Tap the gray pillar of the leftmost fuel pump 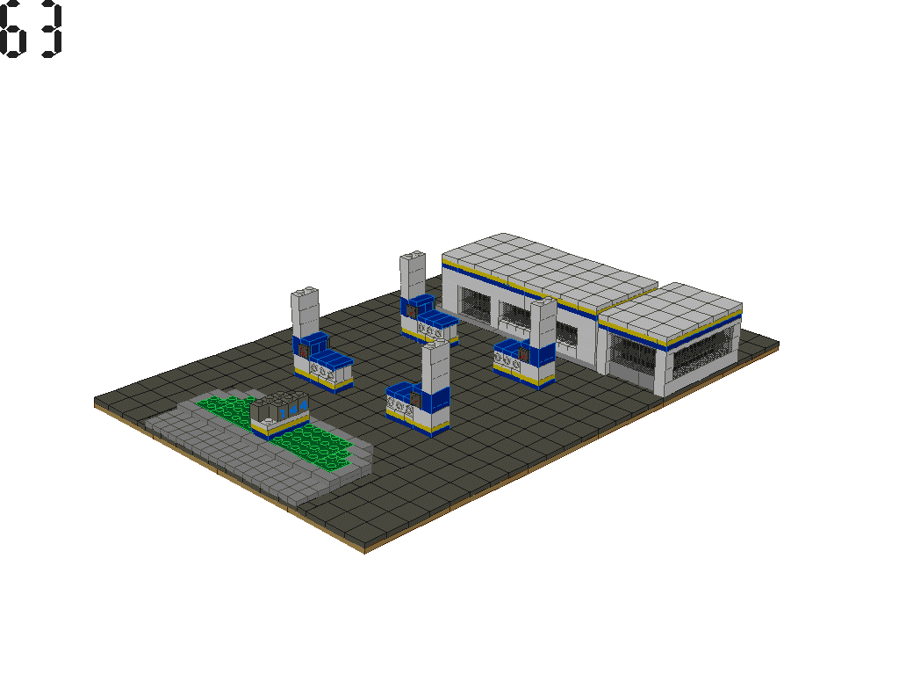coord(304,312)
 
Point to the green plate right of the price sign coord(320,444)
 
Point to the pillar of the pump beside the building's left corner coord(412,277)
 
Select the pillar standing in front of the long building coord(542,323)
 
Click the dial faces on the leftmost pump coord(321,373)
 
